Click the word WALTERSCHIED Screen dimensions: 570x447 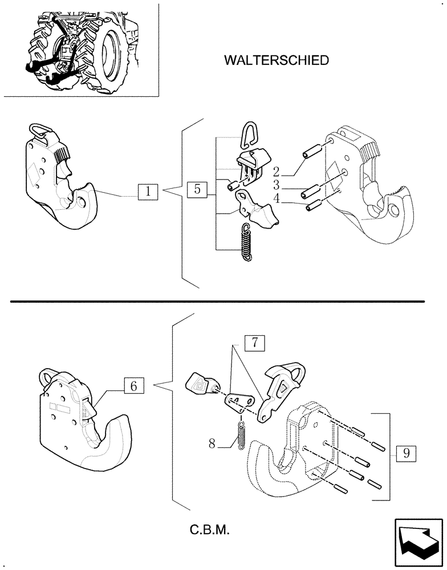pyautogui.click(x=277, y=60)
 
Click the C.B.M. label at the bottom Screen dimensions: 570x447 pyautogui.click(x=210, y=531)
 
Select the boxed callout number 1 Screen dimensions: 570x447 pyautogui.click(x=148, y=192)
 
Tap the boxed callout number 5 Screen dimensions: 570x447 pyautogui.click(x=197, y=190)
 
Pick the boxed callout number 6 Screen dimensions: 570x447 pyautogui.click(x=133, y=386)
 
